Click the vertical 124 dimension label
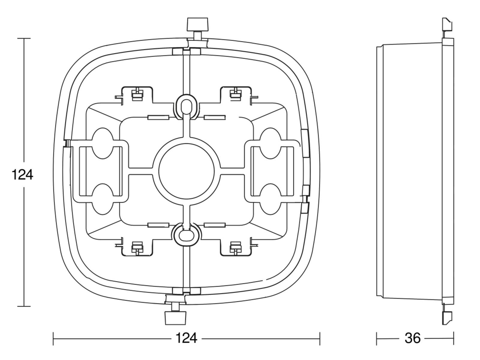point(22,174)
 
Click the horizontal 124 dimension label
point(186,338)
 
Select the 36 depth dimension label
point(412,338)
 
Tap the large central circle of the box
point(186,174)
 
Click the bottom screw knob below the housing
point(176,318)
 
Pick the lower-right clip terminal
point(236,248)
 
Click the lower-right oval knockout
point(271,199)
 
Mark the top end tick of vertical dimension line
point(24,38)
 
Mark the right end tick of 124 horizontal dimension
point(320,339)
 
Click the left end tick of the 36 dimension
point(376,338)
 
